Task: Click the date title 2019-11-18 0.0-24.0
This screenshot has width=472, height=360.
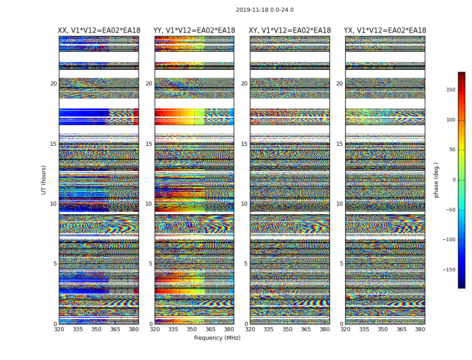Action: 264,10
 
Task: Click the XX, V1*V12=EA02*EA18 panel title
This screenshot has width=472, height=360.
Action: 99,31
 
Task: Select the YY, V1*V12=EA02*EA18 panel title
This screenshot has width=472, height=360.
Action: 194,31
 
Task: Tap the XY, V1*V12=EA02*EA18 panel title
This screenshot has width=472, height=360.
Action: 290,31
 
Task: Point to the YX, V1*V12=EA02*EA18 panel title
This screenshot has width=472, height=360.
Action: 385,31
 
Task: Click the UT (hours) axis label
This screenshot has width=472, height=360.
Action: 44,180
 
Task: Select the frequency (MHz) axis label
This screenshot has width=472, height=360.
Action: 217,338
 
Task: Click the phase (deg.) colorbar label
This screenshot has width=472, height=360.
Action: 436,180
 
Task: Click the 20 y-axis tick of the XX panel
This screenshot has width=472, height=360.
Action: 53,84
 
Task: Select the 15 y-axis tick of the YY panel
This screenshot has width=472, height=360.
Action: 149,144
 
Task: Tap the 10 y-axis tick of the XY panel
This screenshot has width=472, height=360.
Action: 244,204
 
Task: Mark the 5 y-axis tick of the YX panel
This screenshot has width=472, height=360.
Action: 341,264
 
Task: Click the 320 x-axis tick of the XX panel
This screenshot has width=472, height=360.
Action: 59,329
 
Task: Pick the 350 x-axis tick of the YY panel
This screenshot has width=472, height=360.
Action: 192,329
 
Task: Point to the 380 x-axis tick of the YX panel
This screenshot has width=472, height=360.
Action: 420,329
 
